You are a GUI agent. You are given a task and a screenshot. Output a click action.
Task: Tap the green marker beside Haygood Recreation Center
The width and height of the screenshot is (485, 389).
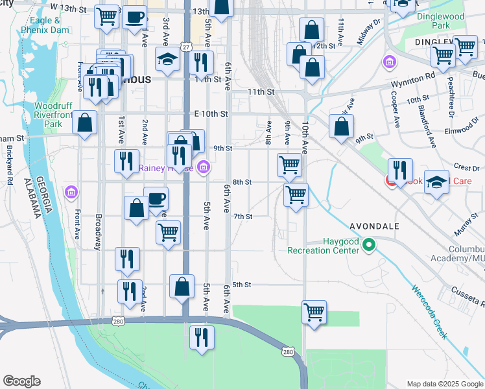click(x=369, y=245)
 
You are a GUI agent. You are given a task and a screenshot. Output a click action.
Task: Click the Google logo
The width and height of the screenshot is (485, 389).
click(x=21, y=381)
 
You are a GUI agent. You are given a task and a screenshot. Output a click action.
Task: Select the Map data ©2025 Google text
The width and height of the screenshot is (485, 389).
click(x=444, y=384)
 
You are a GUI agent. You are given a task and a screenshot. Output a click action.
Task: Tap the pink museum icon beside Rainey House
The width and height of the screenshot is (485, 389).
click(x=204, y=167)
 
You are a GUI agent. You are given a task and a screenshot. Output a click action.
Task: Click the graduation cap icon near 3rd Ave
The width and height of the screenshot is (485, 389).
click(x=168, y=60)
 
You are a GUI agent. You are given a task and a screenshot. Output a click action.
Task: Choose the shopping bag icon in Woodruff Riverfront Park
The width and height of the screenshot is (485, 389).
click(x=85, y=122)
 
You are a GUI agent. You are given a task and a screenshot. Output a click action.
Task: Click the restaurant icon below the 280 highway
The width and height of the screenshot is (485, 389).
click(x=202, y=336)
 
